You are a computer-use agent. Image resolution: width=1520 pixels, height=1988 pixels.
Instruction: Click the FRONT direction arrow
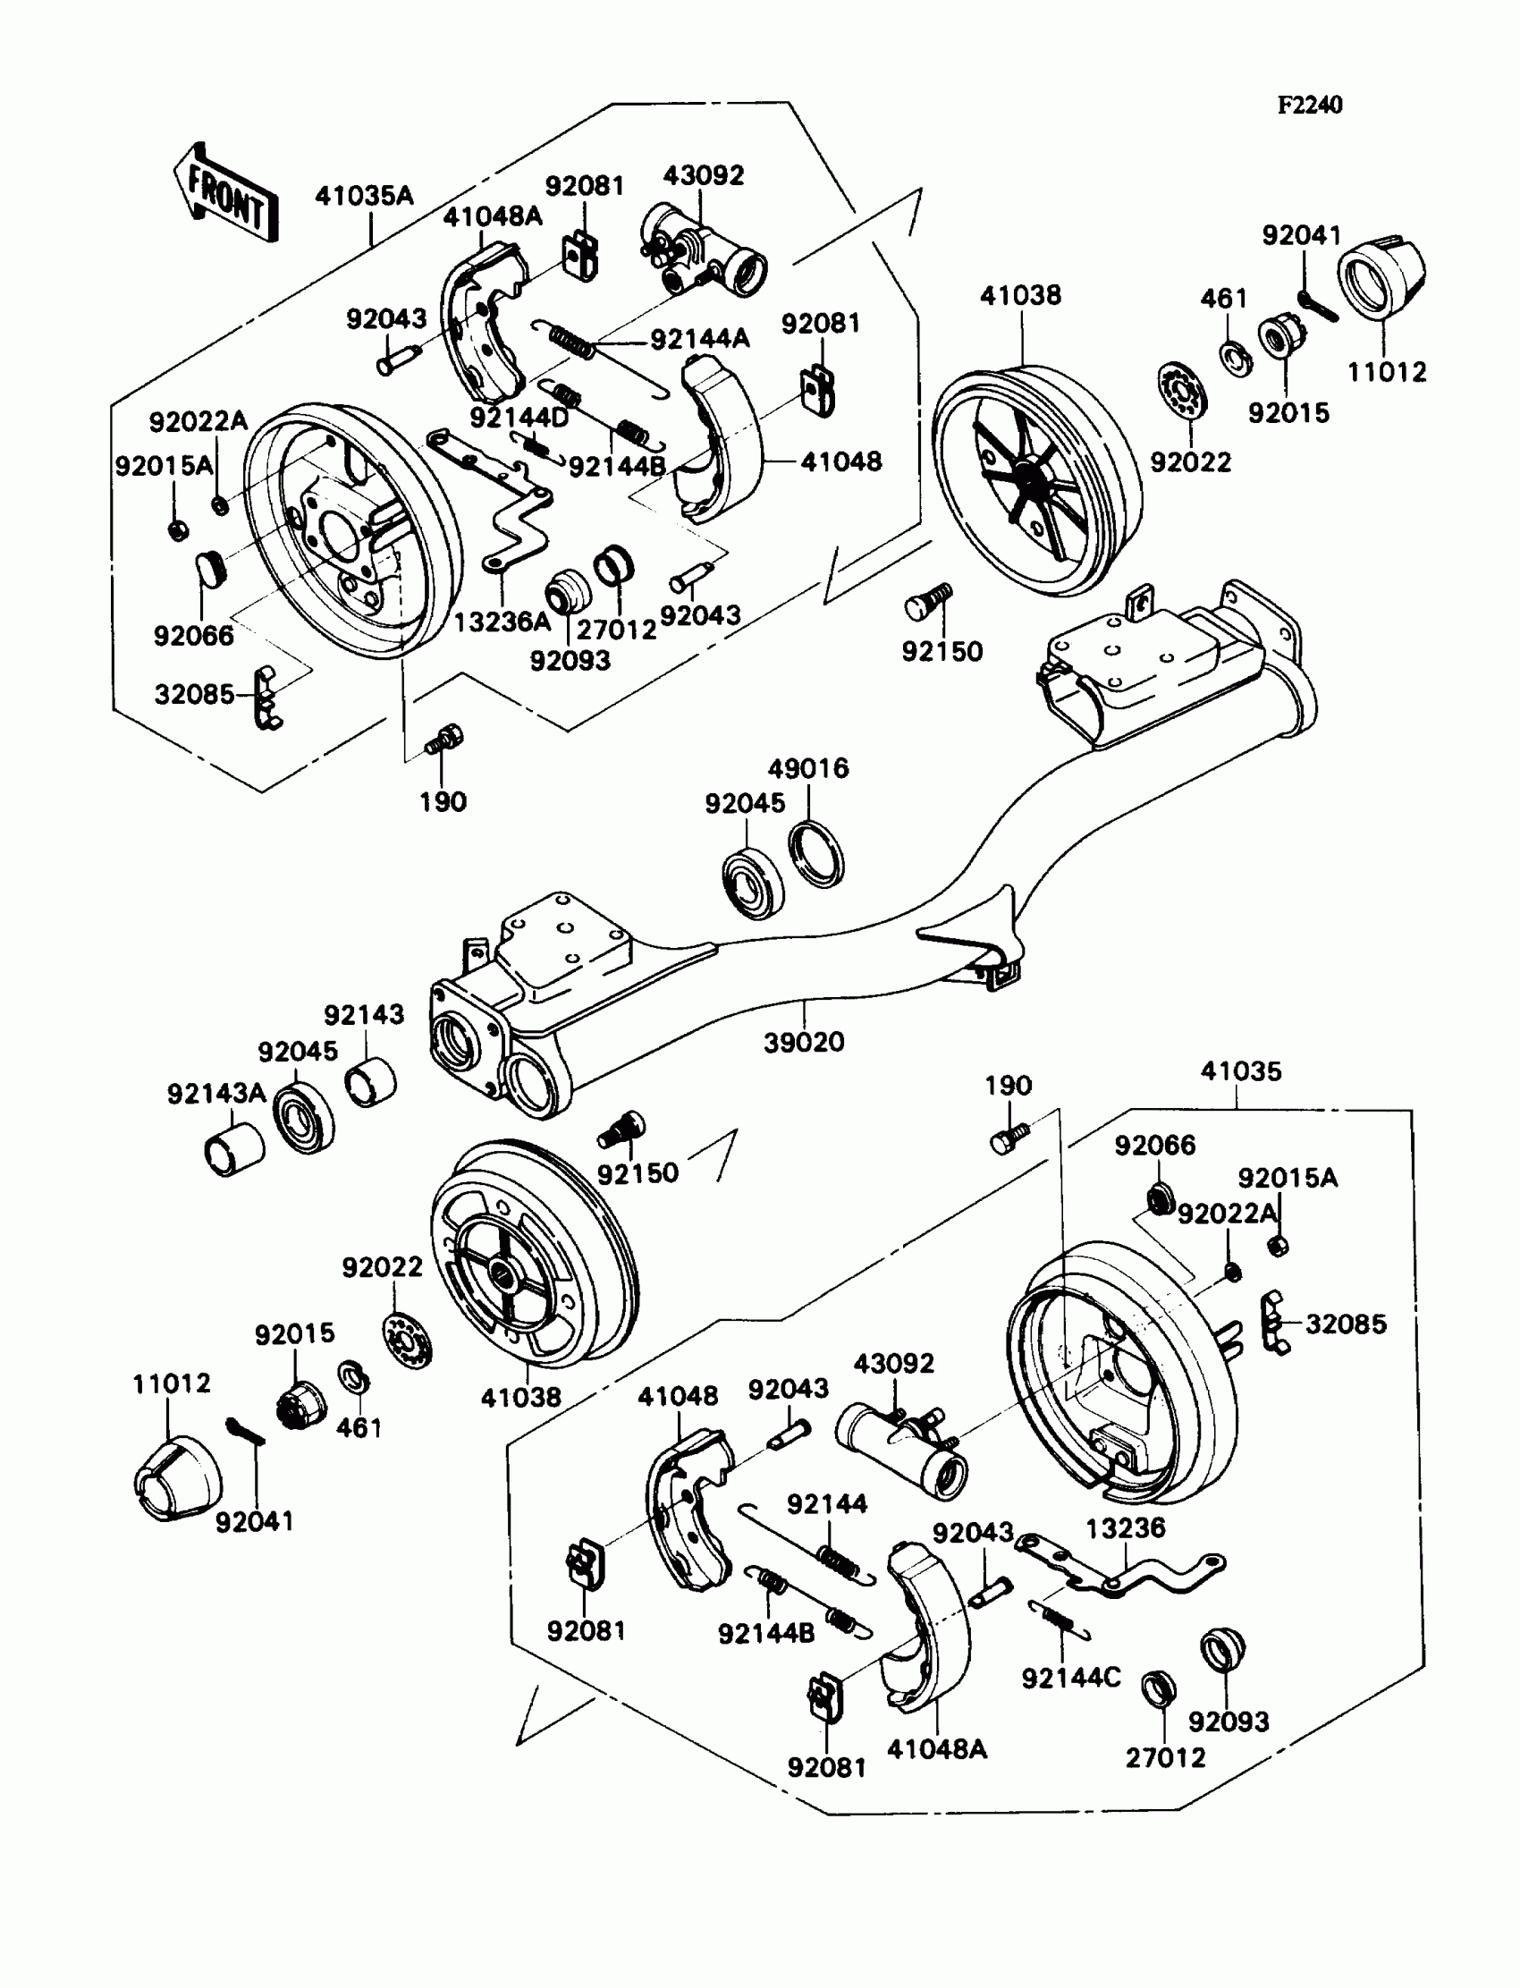224,193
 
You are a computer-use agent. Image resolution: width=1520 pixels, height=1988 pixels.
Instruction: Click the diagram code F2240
1309,105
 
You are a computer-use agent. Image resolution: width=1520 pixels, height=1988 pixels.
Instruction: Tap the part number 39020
804,1043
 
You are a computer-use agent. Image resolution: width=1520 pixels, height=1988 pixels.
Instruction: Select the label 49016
808,768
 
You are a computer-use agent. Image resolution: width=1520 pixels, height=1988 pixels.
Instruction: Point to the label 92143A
216,1093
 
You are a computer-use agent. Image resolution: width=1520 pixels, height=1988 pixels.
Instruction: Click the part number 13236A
502,622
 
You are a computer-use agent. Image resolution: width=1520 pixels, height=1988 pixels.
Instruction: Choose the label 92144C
1071,1678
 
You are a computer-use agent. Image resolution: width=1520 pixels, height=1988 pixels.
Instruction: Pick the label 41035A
364,196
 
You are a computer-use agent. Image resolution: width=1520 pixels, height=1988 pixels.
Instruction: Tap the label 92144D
519,417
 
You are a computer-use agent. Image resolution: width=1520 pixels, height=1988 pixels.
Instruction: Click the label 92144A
700,339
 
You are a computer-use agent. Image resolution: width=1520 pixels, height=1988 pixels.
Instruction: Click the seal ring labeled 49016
817,851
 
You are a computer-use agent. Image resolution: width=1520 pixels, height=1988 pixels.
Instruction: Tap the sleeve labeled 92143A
233,1149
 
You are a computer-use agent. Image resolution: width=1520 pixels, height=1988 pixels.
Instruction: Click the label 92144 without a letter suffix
827,1504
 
